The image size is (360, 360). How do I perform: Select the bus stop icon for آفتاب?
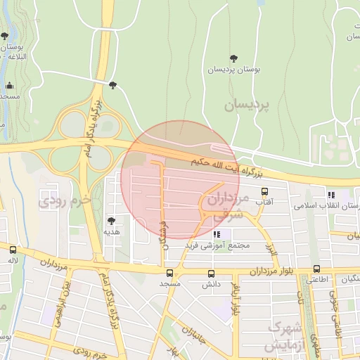tap(264, 191)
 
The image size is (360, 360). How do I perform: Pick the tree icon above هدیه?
tap(110, 221)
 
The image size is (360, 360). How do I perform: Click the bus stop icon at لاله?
tap(13, 249)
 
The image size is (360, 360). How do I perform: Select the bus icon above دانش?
tap(212, 274)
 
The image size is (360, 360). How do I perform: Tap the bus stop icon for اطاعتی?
tap(316, 269)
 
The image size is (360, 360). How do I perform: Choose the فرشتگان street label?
tap(164, 233)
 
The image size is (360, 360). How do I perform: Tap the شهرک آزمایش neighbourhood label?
tap(284, 337)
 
